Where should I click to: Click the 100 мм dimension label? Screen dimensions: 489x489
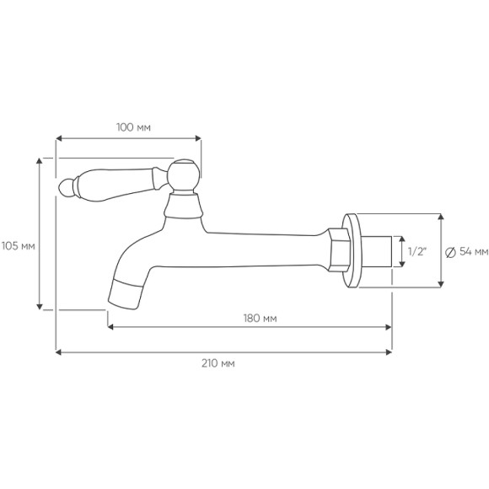[x=133, y=127]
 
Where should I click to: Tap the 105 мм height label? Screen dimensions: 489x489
[x=18, y=246]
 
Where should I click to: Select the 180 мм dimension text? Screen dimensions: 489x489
[x=260, y=318]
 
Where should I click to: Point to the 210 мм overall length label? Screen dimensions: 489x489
[x=218, y=363]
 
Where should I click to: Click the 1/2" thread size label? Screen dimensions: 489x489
[x=417, y=251]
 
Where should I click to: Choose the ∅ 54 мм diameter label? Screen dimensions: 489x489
[x=467, y=252]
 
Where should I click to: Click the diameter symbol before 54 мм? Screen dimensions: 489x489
[x=449, y=252]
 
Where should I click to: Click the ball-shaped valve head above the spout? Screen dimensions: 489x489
[x=184, y=175]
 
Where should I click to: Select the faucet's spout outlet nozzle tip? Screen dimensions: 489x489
[x=124, y=293]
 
